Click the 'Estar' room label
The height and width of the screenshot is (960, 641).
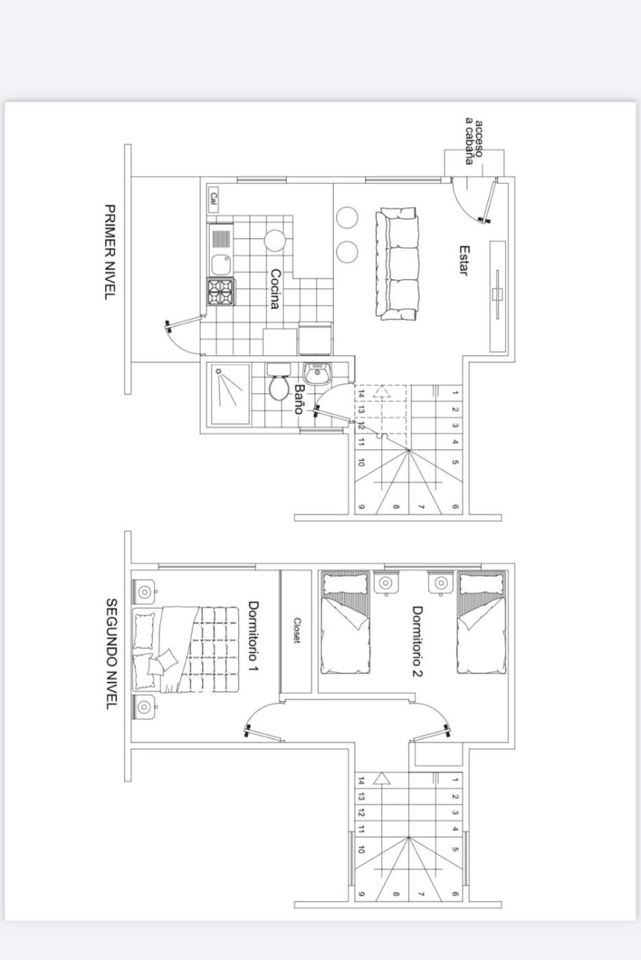click(x=463, y=260)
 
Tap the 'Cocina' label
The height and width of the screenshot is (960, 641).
click(x=275, y=289)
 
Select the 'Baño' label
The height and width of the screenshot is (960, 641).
click(x=299, y=398)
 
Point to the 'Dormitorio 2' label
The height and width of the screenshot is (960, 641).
click(x=418, y=640)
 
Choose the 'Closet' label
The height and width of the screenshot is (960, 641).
click(x=296, y=630)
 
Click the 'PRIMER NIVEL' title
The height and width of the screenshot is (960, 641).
click(x=110, y=252)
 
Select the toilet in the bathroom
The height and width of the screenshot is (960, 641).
click(x=278, y=383)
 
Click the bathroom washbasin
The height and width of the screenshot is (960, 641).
click(x=316, y=373)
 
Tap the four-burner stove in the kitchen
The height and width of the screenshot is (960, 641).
click(x=221, y=291)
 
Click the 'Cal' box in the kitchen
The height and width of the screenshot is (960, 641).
click(x=213, y=200)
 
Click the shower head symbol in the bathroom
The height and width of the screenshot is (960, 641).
click(x=219, y=371)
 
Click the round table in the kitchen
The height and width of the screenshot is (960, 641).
click(x=275, y=241)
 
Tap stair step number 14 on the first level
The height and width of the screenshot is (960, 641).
click(x=361, y=393)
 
